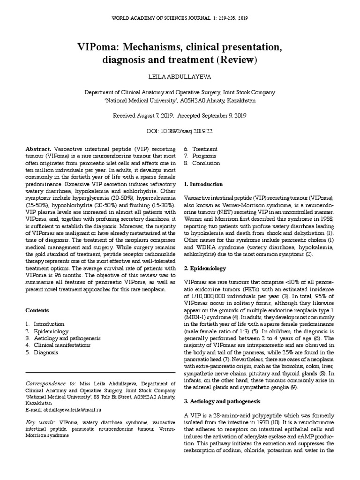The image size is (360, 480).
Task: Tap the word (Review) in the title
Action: pos(236,60)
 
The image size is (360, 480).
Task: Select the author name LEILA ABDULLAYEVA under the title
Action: pos(180,76)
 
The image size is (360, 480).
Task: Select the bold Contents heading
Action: pos(37,310)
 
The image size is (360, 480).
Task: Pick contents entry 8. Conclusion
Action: pos(202,163)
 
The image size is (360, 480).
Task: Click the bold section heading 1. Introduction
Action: pos(203,184)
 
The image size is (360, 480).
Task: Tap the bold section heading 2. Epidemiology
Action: pos(205,269)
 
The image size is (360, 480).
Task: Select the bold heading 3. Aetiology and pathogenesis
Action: pos(218,402)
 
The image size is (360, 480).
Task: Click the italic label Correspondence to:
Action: pos(52,383)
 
